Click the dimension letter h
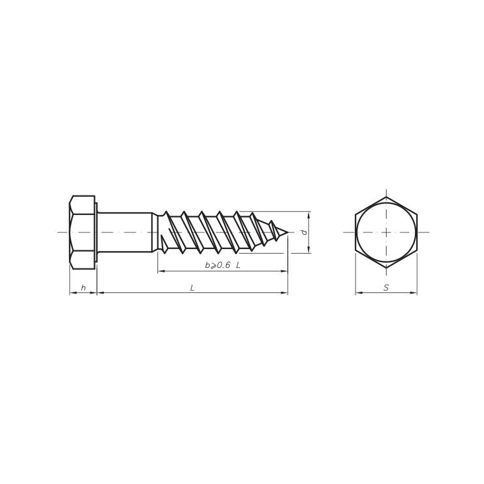(x=83, y=288)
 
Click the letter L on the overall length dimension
(x=192, y=288)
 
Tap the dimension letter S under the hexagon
(x=386, y=288)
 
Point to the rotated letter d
(x=305, y=232)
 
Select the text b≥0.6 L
(x=223, y=265)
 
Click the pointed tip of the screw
(x=287, y=232)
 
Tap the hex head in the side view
(x=82, y=232)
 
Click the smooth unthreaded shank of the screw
(x=125, y=232)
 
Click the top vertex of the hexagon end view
(x=386, y=197)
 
